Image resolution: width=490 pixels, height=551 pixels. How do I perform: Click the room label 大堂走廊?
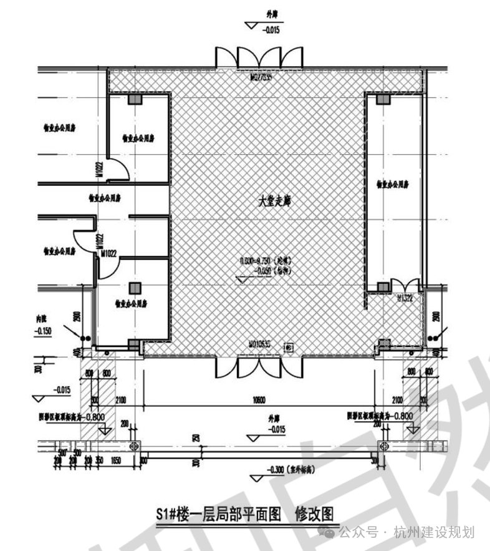pyautogui.click(x=275, y=202)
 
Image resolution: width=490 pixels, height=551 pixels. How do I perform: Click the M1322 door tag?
pyautogui.click(x=406, y=299)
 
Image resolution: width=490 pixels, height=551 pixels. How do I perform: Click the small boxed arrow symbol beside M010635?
pyautogui.click(x=288, y=347)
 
